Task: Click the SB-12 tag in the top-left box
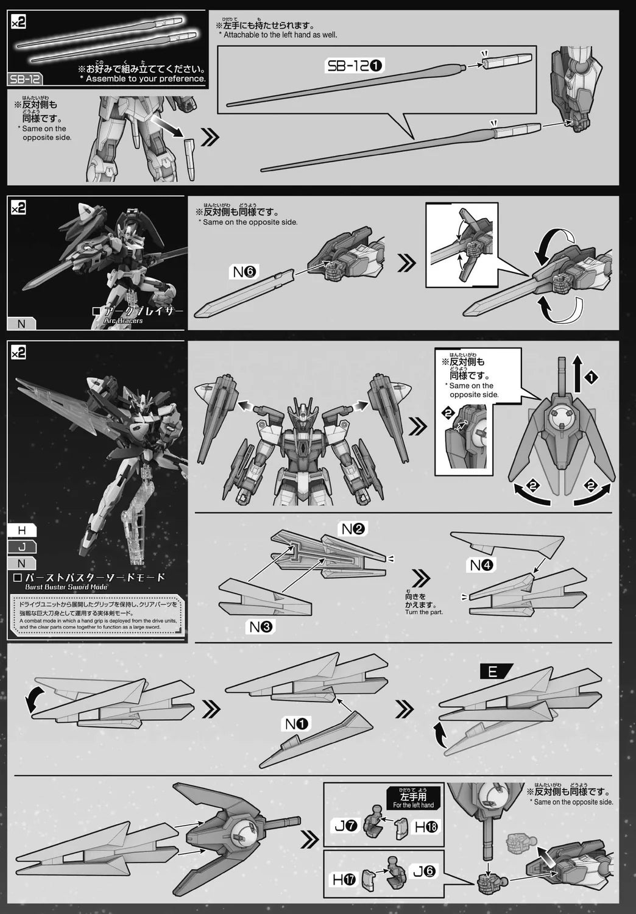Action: pos(24,79)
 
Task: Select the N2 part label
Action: pos(353,529)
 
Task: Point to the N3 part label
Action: pos(263,626)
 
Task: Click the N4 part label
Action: pos(482,565)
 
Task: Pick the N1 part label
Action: pos(297,724)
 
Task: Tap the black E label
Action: pos(493,671)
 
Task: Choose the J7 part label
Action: pos(345,826)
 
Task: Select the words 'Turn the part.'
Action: pos(424,612)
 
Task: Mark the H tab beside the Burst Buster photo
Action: pos(22,531)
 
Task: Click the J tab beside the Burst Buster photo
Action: pos(22,547)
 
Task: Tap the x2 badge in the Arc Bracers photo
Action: pos(18,208)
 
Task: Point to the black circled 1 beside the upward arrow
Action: pos(591,378)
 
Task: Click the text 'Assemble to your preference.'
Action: pos(146,79)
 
